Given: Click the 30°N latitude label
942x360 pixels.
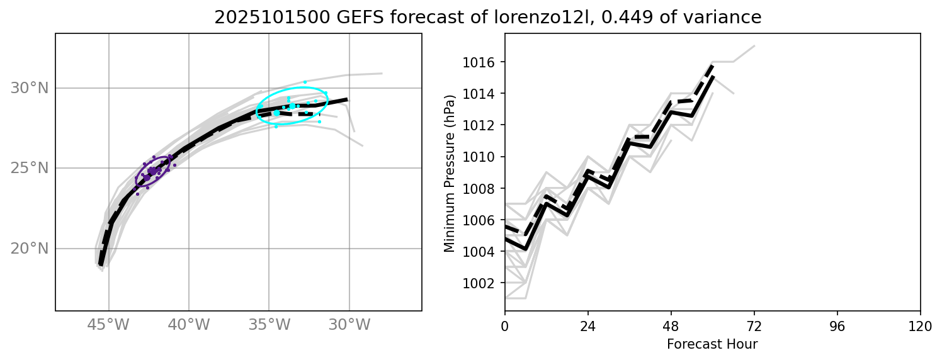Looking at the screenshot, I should (x=29, y=88).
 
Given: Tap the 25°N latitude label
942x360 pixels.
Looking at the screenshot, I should (x=29, y=168).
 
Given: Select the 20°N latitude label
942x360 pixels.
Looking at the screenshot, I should (x=29, y=248).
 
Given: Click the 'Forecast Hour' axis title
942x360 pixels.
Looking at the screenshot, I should (x=712, y=344).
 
